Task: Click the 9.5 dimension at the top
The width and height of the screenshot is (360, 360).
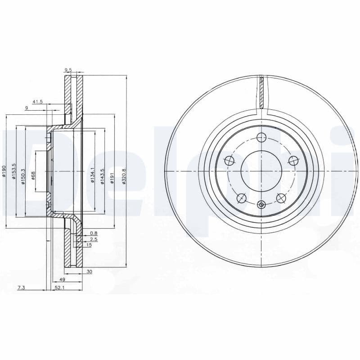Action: coord(68,70)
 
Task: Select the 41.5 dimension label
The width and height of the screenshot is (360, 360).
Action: coord(37,102)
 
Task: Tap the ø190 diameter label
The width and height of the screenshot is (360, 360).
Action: coord(4,171)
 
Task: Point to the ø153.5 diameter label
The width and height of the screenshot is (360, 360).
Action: coord(14,171)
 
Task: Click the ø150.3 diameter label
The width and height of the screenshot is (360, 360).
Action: coord(22,171)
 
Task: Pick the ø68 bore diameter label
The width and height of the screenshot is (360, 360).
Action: coord(33,175)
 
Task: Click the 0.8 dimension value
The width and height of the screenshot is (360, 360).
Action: coord(94,233)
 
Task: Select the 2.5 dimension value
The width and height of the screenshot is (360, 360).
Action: coord(94,239)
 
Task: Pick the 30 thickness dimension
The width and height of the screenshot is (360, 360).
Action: coord(89,271)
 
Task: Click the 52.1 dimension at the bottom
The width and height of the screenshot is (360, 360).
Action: coord(59,288)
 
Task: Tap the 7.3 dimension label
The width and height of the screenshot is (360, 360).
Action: coord(21,288)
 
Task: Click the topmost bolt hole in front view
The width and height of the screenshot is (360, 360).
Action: coord(261,138)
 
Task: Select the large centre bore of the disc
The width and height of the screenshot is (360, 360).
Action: coord(261,171)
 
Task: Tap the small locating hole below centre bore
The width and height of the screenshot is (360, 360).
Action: coord(261,205)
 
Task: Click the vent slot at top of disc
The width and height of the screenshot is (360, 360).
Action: coord(261,92)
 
